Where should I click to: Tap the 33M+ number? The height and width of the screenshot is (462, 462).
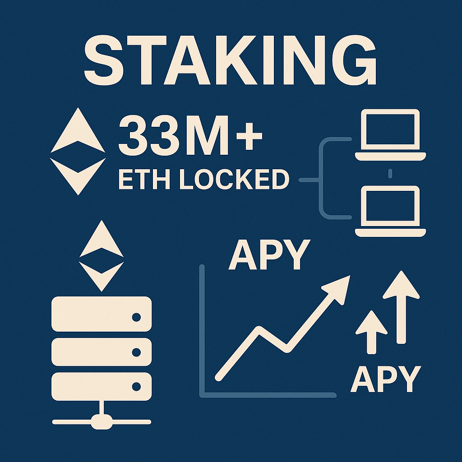tap(189, 135)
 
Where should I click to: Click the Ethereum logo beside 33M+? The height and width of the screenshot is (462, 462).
tap(78, 151)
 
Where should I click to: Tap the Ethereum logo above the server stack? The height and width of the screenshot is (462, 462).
tap(101, 255)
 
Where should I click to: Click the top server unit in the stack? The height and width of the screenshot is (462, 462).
tap(101, 314)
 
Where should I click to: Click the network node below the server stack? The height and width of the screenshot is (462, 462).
tap(101, 422)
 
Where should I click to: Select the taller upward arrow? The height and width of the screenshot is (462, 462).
tap(401, 307)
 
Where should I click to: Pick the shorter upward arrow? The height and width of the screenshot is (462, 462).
tap(371, 332)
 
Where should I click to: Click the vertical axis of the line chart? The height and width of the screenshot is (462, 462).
tap(202, 329)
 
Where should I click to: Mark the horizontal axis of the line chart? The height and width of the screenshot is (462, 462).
tap(268, 395)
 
